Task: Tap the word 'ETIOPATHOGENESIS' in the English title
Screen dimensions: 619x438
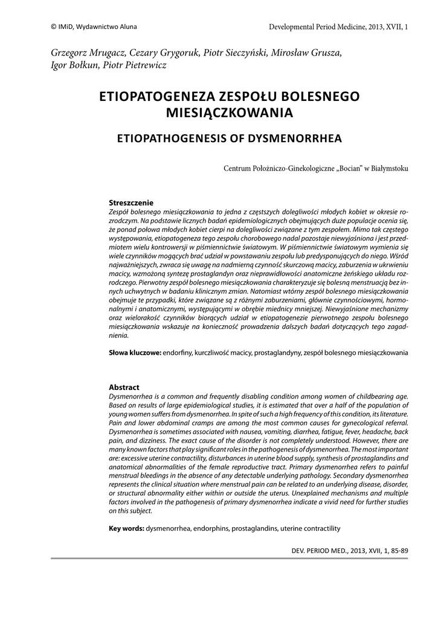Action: [172, 138]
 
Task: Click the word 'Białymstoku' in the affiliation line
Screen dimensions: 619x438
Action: [387, 169]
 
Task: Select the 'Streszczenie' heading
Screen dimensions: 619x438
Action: [131, 203]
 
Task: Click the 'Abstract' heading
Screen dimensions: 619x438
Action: [124, 387]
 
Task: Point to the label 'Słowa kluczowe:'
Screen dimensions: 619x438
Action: [134, 352]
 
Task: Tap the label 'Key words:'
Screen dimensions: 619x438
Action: [126, 528]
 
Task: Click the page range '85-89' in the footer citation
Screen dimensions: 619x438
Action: [399, 551]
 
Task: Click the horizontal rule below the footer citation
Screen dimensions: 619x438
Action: [230, 559]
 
